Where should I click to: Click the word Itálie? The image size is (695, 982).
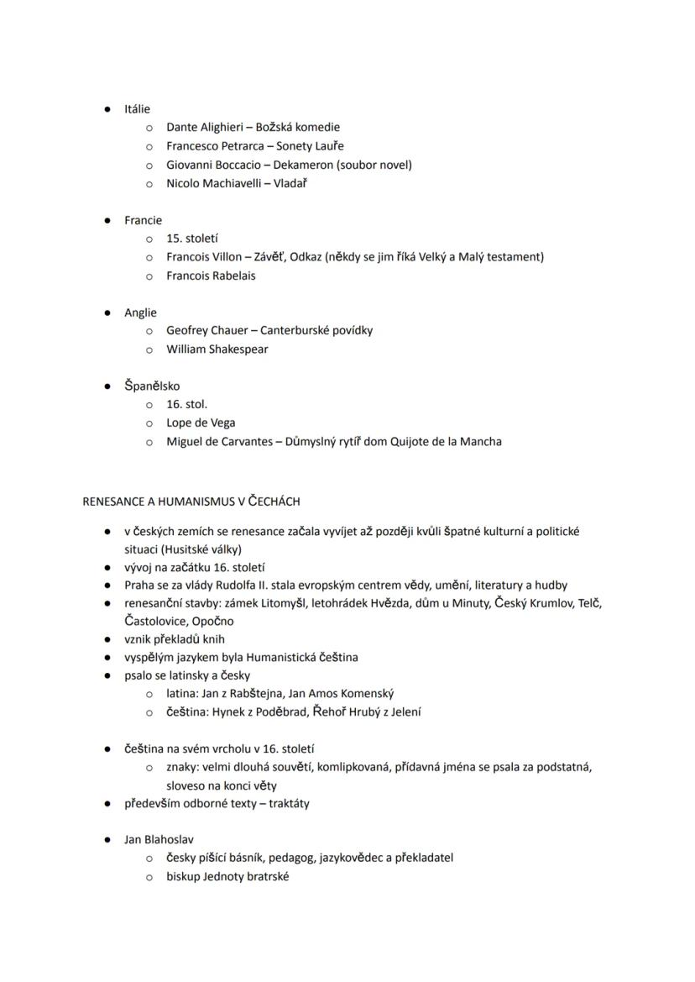tap(137, 109)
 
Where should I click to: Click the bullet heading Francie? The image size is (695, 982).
tap(143, 220)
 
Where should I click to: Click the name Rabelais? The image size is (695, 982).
tap(234, 276)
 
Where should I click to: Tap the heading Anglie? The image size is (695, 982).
tap(140, 312)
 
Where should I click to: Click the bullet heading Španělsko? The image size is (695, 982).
tap(151, 386)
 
